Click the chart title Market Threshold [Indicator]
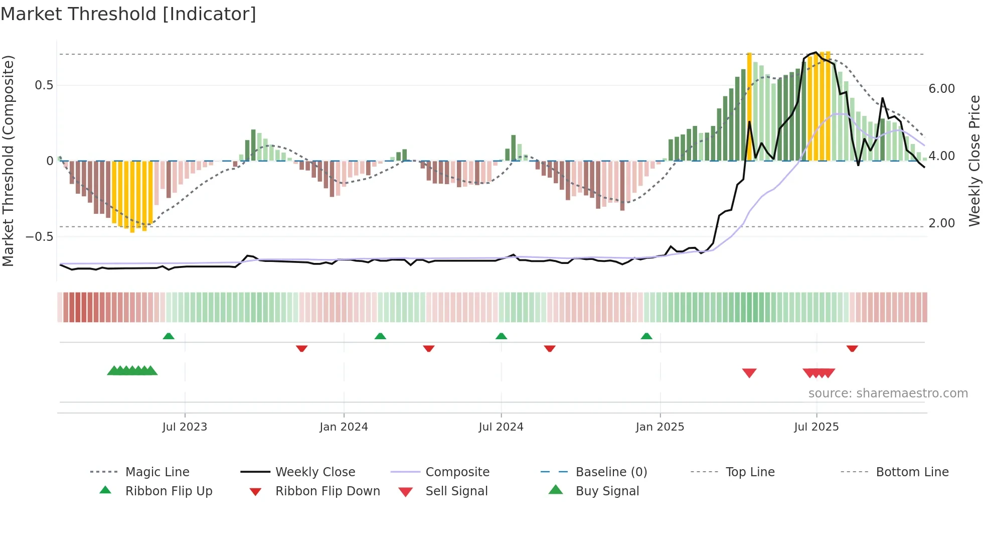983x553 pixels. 128,14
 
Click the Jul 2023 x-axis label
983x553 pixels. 185,427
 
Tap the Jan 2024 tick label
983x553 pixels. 344,427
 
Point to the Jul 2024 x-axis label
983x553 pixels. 501,427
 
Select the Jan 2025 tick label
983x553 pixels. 660,427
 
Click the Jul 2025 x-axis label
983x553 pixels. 816,427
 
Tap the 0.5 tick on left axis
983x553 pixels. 44,85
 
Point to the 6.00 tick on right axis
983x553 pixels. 941,89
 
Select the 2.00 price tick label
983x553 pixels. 941,223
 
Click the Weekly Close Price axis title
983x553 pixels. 974,161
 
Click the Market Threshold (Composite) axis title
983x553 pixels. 8,161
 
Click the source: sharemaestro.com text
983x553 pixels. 888,393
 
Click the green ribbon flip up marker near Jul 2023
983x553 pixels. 169,336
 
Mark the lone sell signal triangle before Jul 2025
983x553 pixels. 749,373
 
